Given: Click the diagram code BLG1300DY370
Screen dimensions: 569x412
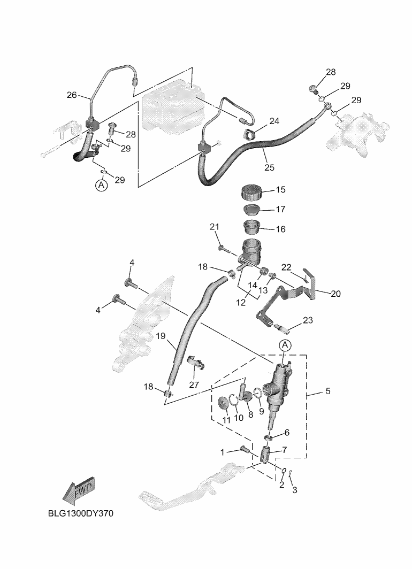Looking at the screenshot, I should tap(80, 514).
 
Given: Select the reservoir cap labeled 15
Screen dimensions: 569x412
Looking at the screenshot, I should tap(250, 191).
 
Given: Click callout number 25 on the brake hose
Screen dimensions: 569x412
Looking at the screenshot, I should tap(269, 167).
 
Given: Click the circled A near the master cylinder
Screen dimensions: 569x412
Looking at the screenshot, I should tap(285, 345).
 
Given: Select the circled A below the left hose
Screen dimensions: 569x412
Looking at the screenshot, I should tap(101, 186).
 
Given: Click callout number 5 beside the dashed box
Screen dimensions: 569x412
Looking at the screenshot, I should tap(327, 391).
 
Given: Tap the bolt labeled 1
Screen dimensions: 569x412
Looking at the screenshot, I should tap(245, 449).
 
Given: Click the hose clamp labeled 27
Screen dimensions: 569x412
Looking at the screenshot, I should tap(198, 365).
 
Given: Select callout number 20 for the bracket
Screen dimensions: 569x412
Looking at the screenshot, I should tap(335, 293).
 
